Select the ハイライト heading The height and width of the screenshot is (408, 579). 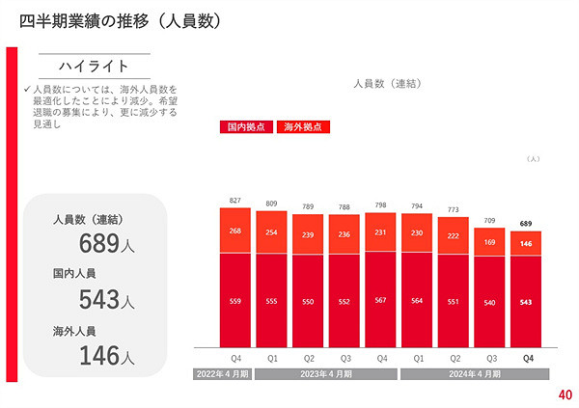(94, 66)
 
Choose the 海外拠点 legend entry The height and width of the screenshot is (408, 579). (302, 126)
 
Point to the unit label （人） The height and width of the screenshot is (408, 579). (532, 158)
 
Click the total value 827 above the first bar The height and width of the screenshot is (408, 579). (234, 201)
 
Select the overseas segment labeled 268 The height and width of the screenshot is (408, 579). (234, 231)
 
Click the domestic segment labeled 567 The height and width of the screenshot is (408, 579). (380, 300)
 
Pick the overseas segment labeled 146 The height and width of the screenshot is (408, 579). (527, 244)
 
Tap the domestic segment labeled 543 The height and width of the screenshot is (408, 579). (527, 302)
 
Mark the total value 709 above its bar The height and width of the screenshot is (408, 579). (490, 220)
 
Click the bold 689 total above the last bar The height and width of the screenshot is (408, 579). (527, 224)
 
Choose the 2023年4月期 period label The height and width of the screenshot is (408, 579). (326, 371)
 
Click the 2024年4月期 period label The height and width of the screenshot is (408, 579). (473, 371)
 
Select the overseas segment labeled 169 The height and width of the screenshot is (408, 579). (490, 242)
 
